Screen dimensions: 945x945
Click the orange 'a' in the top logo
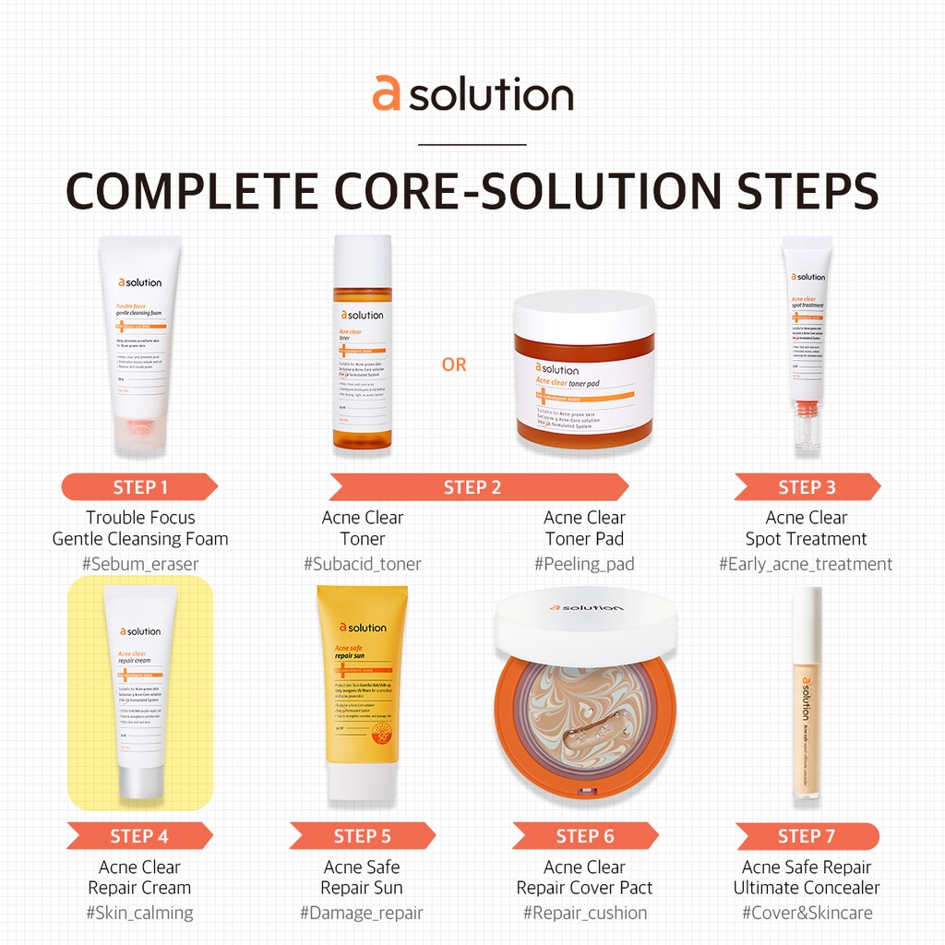pos(387,94)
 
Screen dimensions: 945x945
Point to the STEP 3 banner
pos(807,487)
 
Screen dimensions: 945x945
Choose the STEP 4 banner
pos(139,836)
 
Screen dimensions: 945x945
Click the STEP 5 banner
pos(362,836)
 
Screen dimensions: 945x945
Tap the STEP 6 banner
pos(585,836)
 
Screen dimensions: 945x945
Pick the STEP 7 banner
pos(807,836)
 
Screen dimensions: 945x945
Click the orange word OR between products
pos(454,365)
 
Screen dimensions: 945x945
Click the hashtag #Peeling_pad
pos(584,564)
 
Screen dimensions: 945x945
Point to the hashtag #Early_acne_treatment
pos(806,564)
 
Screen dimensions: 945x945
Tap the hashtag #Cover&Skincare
pos(807,913)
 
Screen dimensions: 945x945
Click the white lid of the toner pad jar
pos(583,314)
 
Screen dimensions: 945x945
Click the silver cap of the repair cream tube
pos(139,781)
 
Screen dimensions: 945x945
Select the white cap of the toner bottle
pos(363,262)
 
